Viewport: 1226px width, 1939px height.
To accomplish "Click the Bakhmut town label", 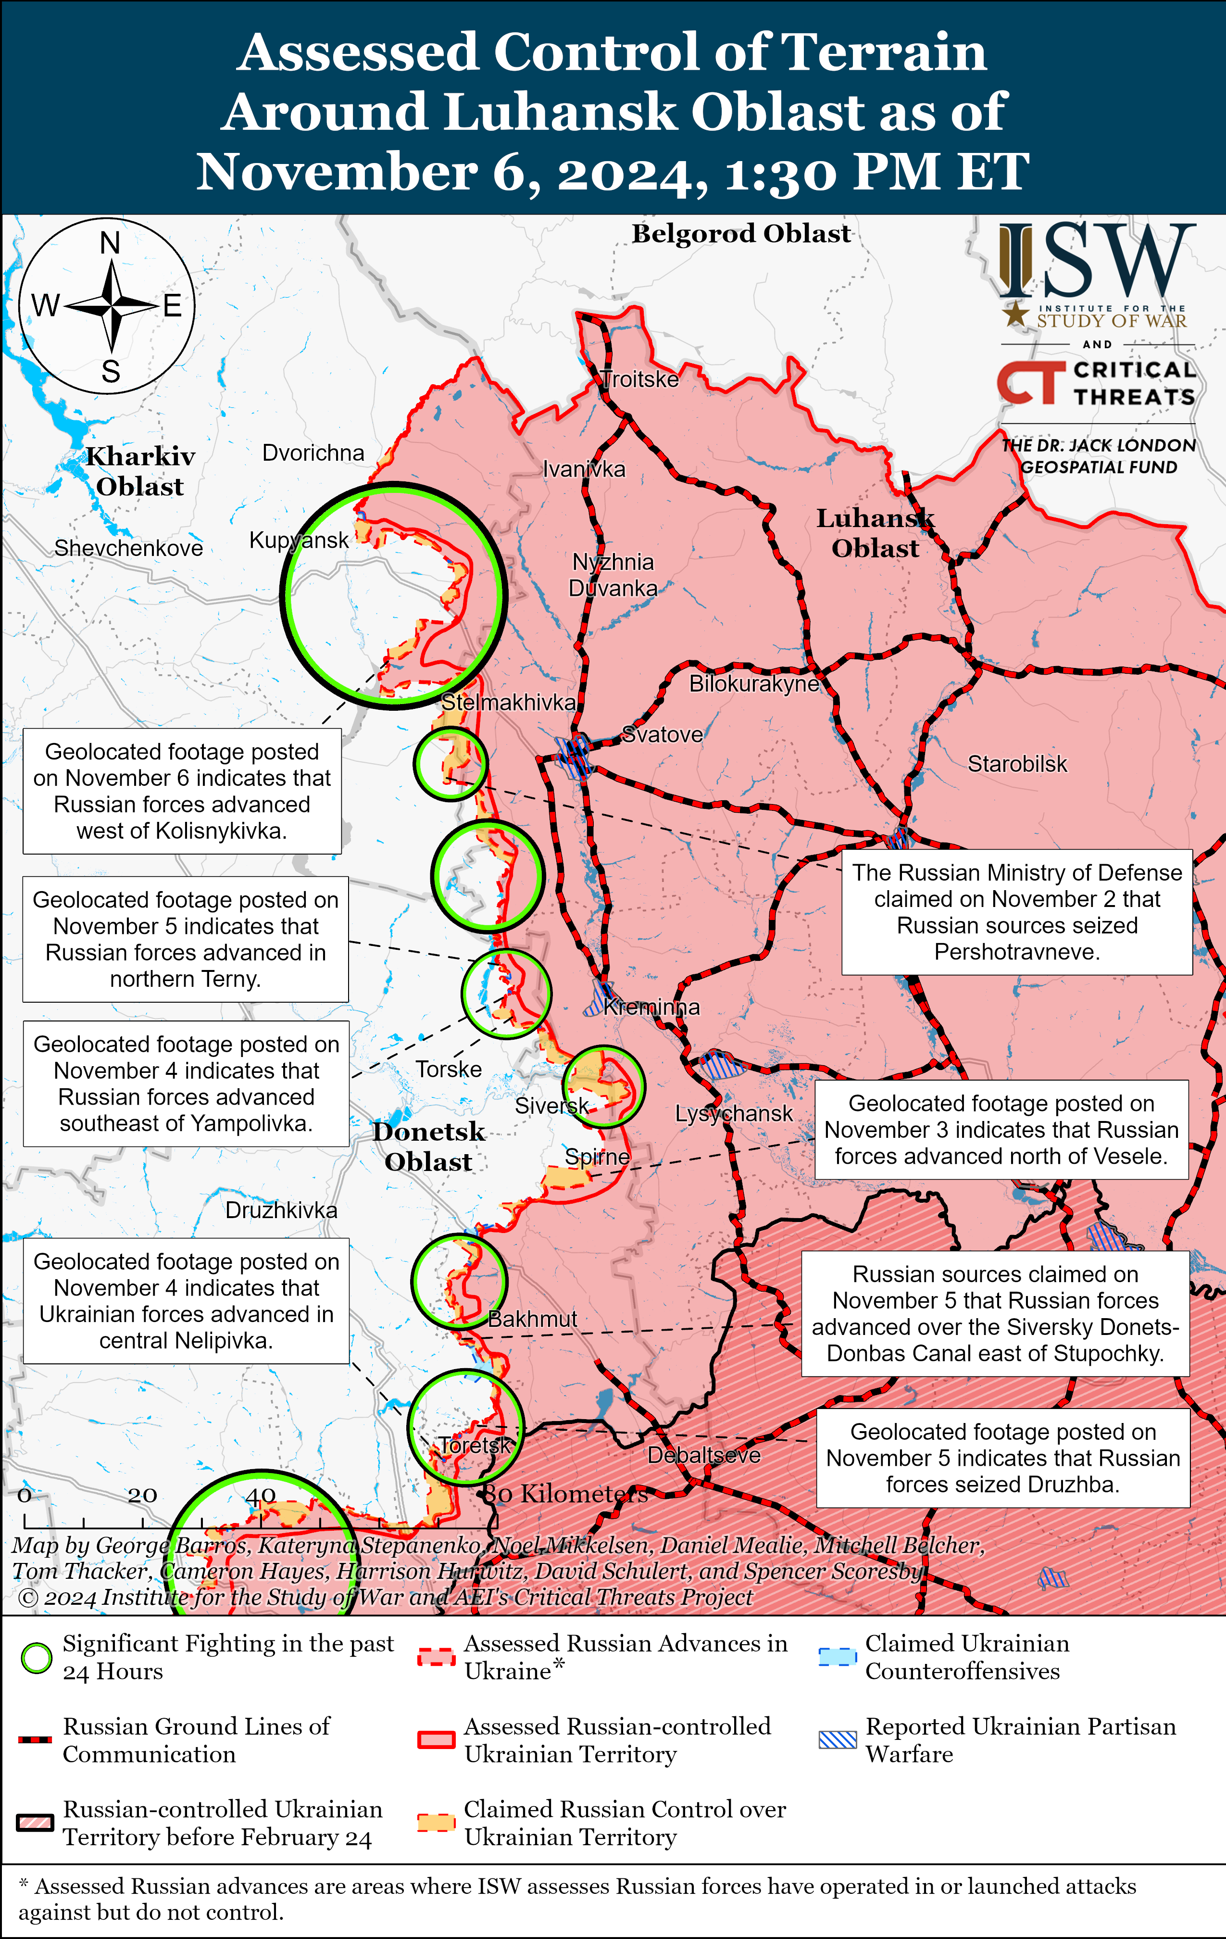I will tap(532, 1319).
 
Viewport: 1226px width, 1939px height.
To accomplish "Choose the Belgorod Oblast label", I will tap(740, 234).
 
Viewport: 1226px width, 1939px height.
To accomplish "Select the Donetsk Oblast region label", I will tap(428, 1146).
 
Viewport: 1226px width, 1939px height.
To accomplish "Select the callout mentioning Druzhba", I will tap(1002, 1458).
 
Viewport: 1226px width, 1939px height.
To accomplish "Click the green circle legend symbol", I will tap(36, 1658).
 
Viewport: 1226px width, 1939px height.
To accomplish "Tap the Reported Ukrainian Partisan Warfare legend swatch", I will tap(837, 1739).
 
